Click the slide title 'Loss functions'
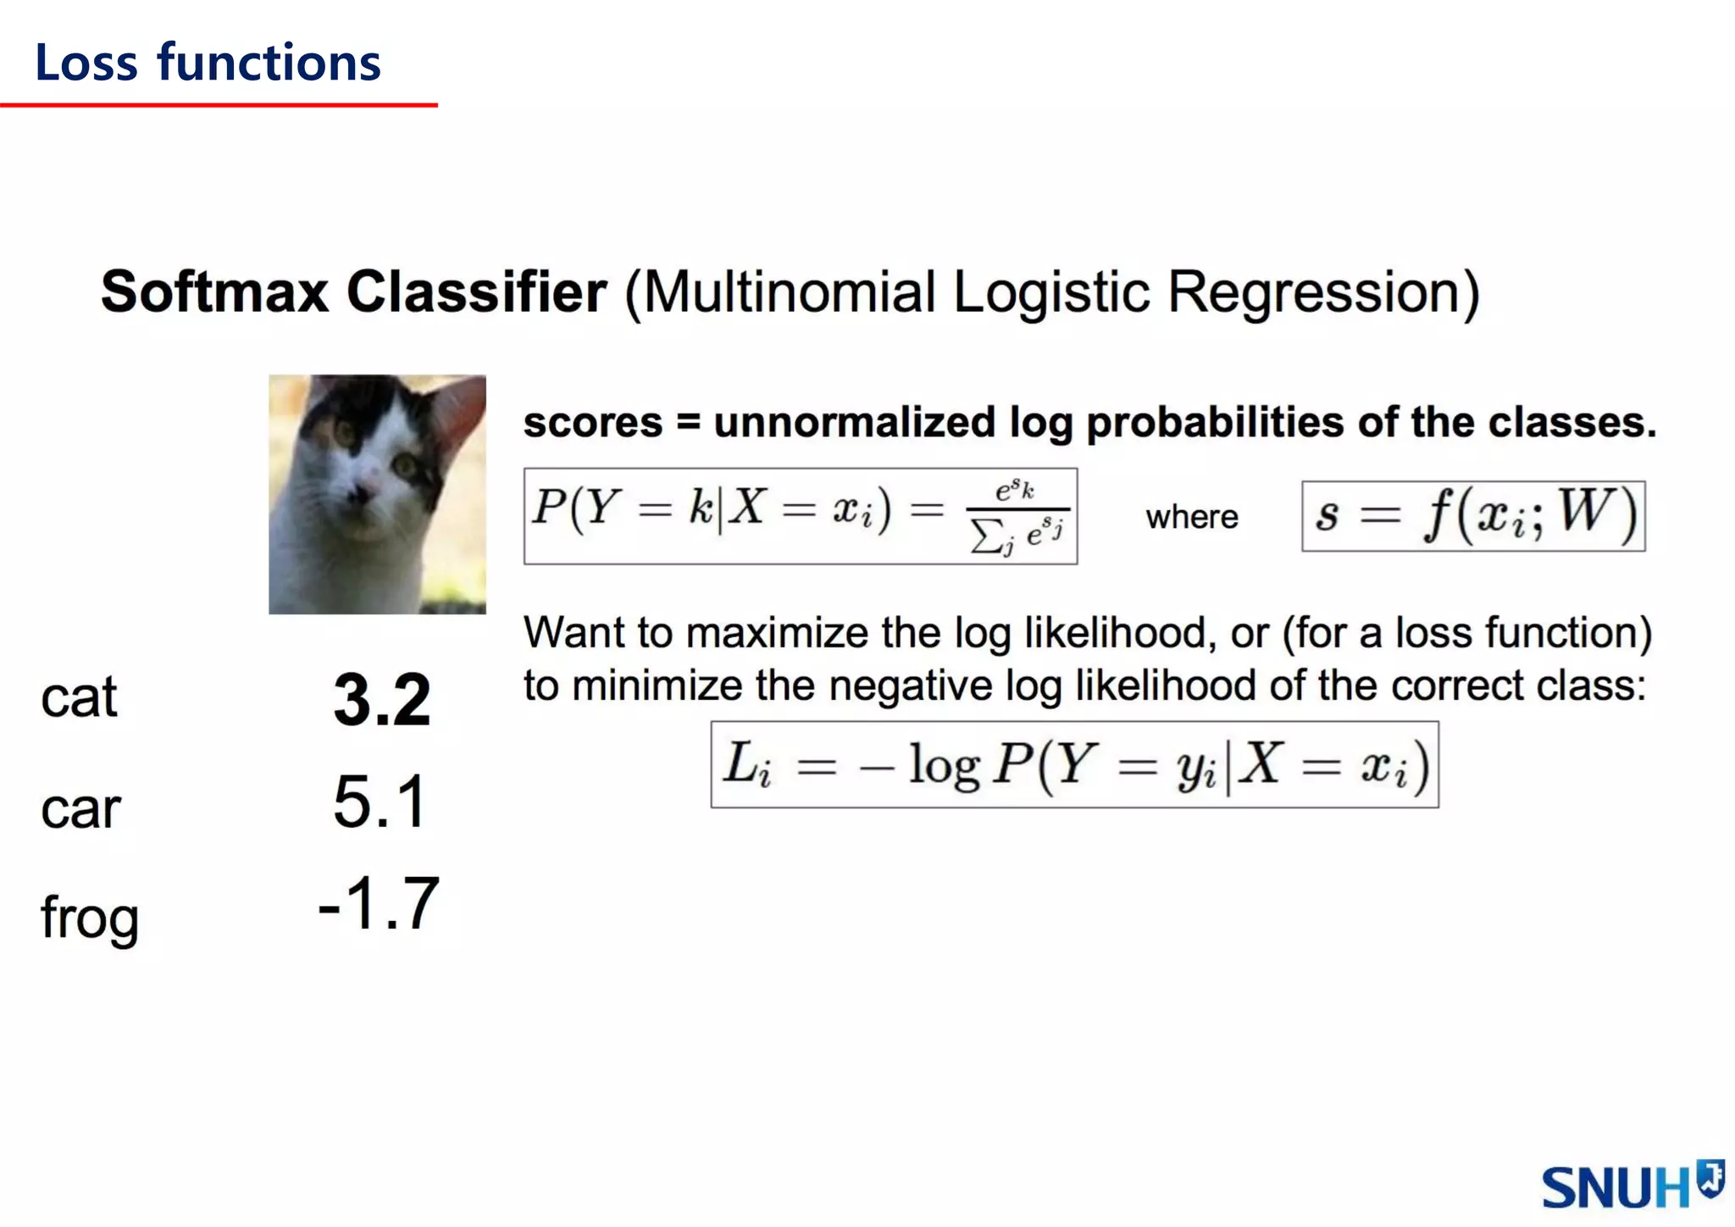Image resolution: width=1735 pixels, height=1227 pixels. pyautogui.click(x=208, y=64)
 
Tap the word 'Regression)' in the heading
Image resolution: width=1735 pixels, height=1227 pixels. pyautogui.click(x=1324, y=292)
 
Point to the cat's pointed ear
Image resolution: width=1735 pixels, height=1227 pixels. pyautogui.click(x=457, y=407)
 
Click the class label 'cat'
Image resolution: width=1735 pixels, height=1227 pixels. pyautogui.click(x=79, y=698)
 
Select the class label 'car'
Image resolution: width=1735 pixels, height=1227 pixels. pyautogui.click(x=80, y=808)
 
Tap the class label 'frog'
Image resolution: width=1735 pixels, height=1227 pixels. pyautogui.click(x=90, y=919)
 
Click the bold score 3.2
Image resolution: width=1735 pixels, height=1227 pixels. pyautogui.click(x=382, y=700)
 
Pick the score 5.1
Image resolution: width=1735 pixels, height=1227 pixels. pyautogui.click(x=380, y=802)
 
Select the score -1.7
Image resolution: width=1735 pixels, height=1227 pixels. pyautogui.click(x=379, y=903)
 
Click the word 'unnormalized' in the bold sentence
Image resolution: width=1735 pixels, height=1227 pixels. pyautogui.click(x=854, y=422)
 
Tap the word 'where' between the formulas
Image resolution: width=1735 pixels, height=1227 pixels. pyautogui.click(x=1192, y=517)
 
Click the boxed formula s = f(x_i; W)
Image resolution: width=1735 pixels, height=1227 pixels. pyautogui.click(x=1473, y=516)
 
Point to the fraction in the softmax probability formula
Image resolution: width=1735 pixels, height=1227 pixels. pyautogui.click(x=1017, y=515)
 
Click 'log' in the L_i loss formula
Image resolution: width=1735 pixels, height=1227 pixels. pyautogui.click(x=944, y=766)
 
